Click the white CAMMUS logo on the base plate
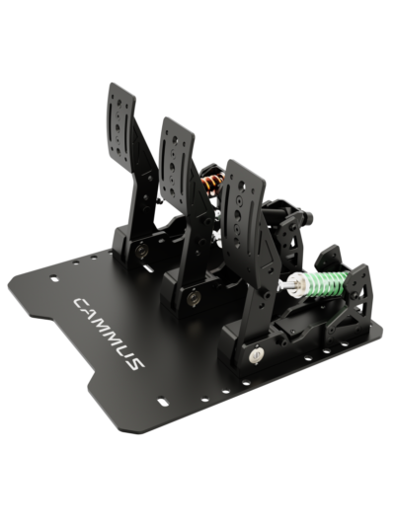[109, 333]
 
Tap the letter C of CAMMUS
[81, 303]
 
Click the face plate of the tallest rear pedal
[120, 125]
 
